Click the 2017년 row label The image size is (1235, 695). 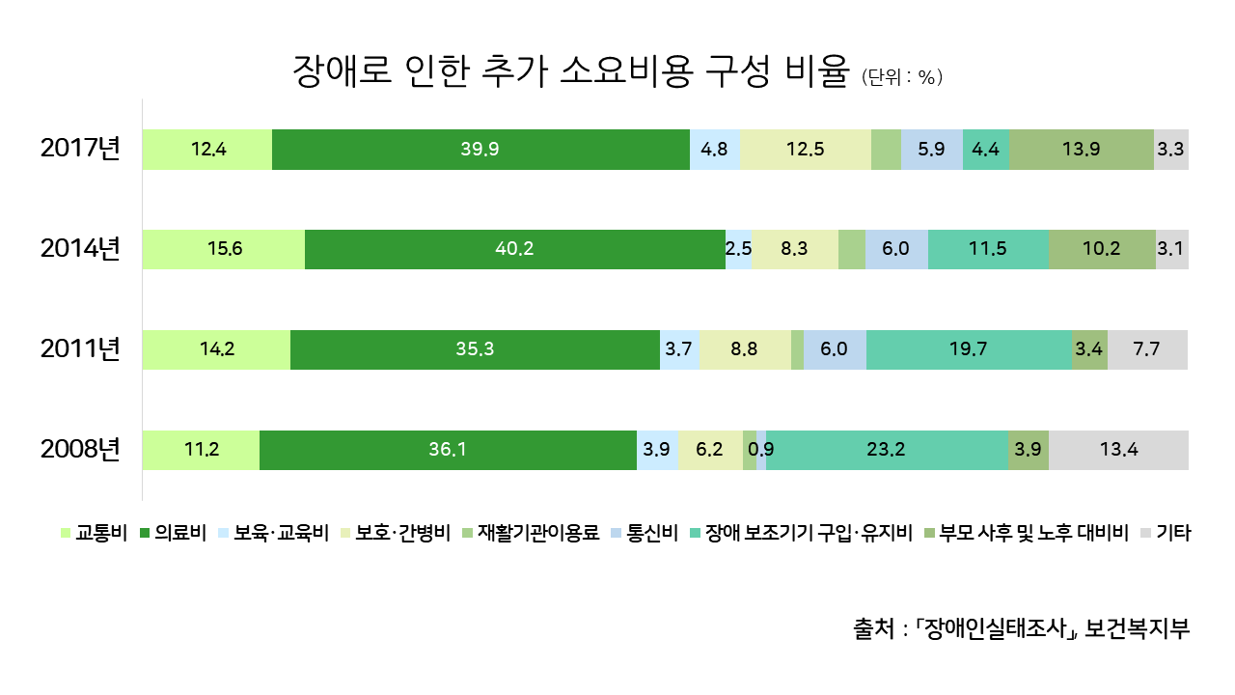[x=80, y=149]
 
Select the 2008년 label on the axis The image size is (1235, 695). [x=80, y=449]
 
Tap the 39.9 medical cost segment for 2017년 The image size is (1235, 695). [x=480, y=149]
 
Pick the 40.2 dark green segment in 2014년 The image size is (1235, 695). [x=514, y=249]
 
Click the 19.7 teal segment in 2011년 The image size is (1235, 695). [x=969, y=349]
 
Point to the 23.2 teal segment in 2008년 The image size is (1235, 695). [x=887, y=450]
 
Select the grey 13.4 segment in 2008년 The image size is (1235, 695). [x=1118, y=450]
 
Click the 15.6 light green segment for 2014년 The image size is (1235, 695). [x=224, y=249]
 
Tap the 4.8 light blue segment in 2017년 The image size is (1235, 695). [x=715, y=149]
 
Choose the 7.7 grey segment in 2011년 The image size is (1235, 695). [x=1147, y=349]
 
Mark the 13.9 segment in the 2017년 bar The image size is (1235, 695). [x=1081, y=149]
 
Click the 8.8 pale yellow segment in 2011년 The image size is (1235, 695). [x=745, y=349]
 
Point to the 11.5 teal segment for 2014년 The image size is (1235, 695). [x=988, y=249]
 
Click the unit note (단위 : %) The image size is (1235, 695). [x=901, y=78]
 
